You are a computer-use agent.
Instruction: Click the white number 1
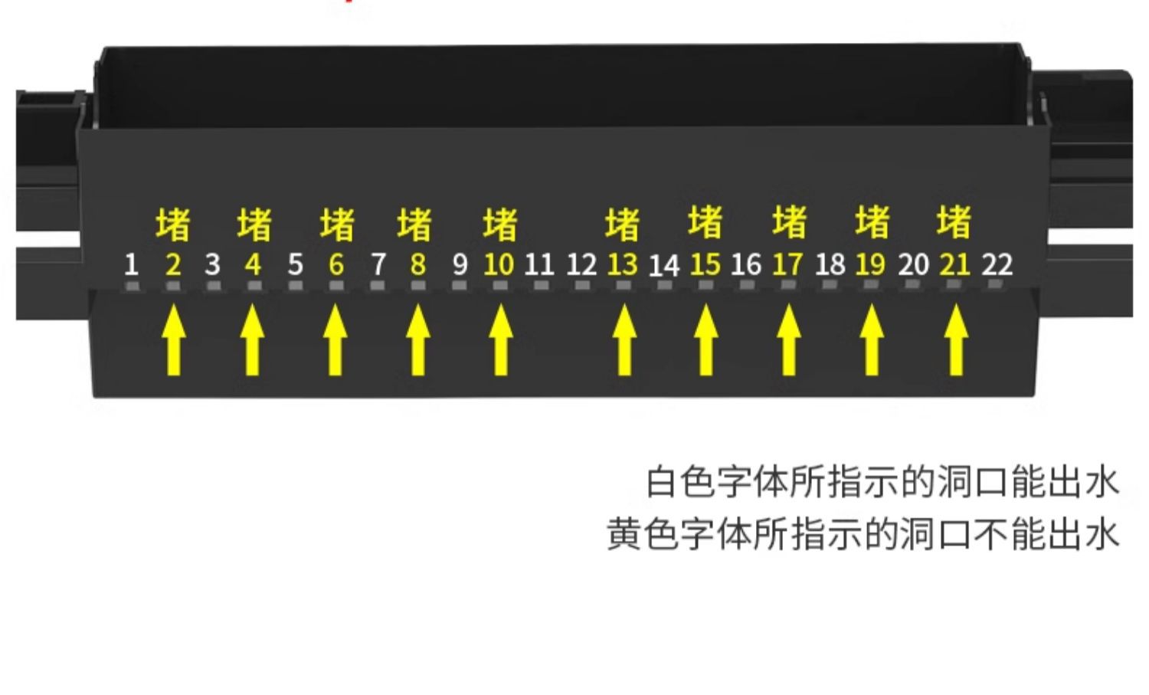tap(131, 265)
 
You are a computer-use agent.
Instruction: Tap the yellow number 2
tap(173, 265)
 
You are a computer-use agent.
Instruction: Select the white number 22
tap(997, 265)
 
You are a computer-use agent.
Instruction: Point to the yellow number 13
tap(622, 265)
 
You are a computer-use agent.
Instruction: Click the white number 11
tap(539, 265)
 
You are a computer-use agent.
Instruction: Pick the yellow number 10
tap(499, 265)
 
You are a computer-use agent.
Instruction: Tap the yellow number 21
tap(954, 265)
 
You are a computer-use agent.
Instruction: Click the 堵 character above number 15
tap(705, 222)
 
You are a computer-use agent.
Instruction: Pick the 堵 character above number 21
tap(954, 222)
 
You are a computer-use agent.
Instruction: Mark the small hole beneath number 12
tap(582, 286)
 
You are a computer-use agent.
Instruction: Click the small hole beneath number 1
tap(133, 286)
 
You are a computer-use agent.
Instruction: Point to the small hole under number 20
tap(912, 285)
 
